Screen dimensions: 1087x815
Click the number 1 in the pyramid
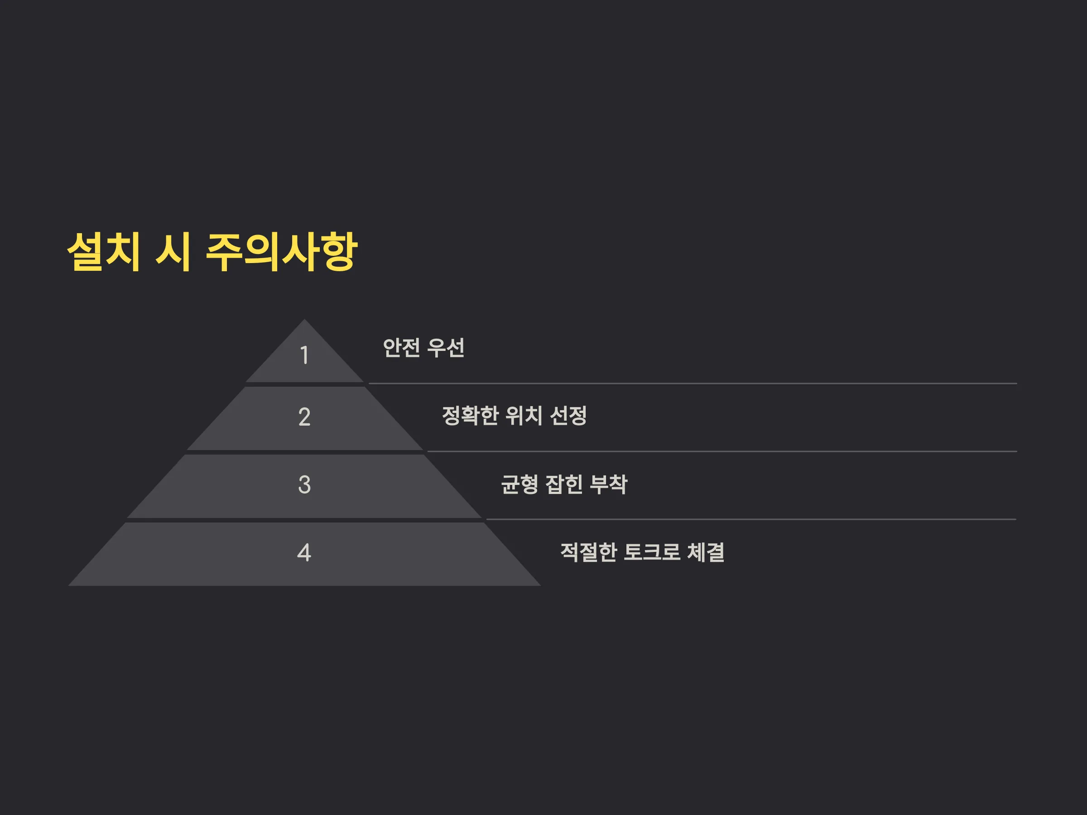(305, 355)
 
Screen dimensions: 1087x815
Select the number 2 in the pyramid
(305, 417)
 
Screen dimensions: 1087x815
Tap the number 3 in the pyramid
(305, 485)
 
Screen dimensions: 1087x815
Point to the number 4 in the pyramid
(304, 553)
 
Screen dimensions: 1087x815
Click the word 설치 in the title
(104, 252)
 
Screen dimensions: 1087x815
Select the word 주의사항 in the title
(282, 252)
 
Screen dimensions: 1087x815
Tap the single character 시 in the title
(173, 252)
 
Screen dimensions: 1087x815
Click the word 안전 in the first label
(401, 348)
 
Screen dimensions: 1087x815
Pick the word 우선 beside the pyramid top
(446, 348)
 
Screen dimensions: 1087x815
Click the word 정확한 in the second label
(470, 416)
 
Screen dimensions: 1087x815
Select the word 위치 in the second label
(524, 416)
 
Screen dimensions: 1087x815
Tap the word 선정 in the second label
(568, 416)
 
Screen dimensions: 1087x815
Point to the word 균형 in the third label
(520, 484)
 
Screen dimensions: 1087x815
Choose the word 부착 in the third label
(608, 484)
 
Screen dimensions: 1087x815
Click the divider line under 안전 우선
(693, 384)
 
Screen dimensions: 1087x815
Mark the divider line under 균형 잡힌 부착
(751, 519)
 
